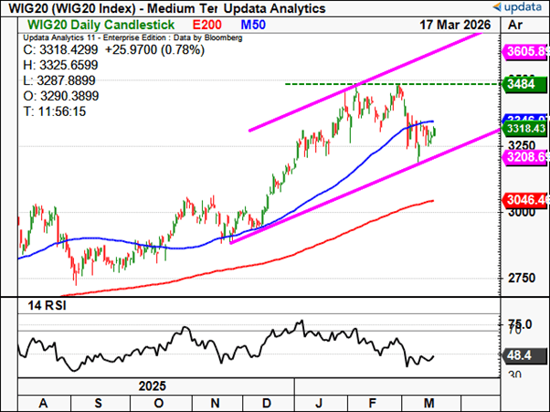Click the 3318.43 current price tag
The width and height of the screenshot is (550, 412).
click(527, 130)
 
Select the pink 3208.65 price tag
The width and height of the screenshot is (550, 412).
click(527, 157)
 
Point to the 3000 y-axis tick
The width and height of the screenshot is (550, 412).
click(520, 212)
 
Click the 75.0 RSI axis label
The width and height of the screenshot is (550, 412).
click(520, 324)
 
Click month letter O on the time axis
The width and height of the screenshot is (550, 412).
click(160, 403)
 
